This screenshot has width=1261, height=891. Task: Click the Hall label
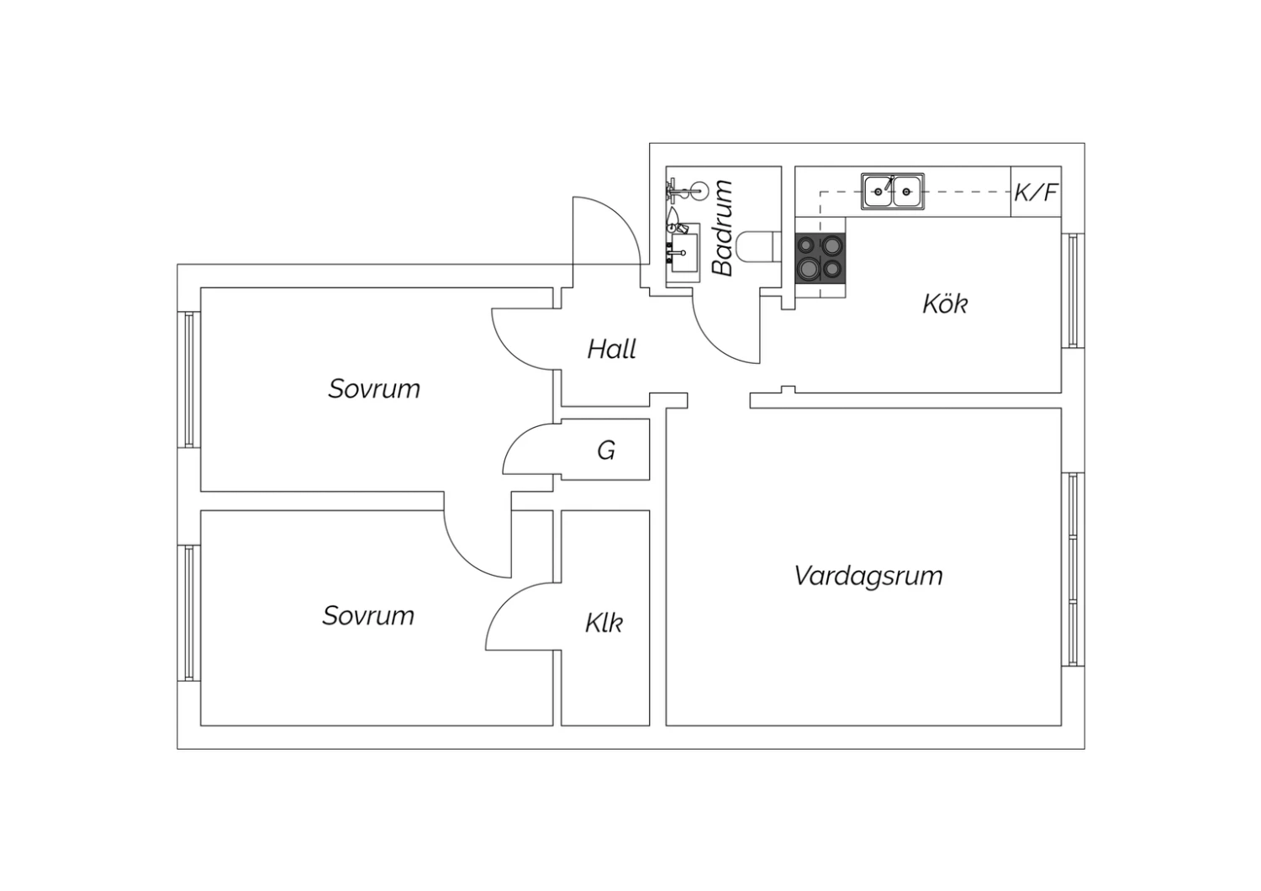611,349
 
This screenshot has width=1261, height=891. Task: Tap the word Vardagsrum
868,577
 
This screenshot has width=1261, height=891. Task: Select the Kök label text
945,304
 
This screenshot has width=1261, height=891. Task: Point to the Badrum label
722,228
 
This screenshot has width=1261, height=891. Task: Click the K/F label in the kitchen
1036,192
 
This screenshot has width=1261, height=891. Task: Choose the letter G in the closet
606,451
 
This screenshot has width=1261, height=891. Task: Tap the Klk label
604,623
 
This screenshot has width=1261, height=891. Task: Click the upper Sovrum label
374,389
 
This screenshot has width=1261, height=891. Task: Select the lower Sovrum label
368,616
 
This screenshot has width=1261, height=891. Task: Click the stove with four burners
820,258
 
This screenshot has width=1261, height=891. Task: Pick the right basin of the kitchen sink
906,192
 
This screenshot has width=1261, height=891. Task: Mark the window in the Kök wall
1073,291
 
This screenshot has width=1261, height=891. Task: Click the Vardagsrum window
1073,570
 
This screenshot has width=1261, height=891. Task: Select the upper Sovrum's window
189,379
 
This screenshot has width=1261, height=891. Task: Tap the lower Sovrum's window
189,613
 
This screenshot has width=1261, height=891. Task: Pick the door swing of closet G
520,437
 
